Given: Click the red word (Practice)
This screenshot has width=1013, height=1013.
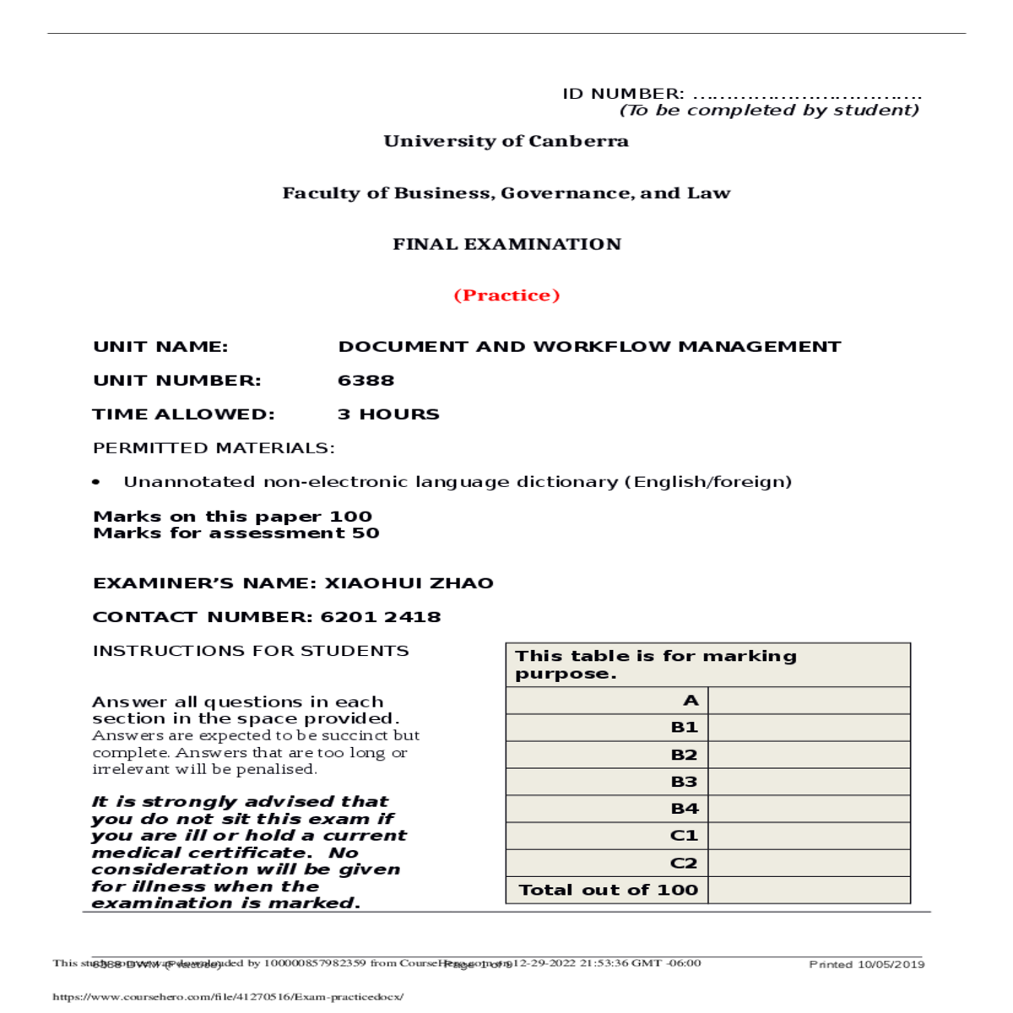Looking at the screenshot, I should pos(506,295).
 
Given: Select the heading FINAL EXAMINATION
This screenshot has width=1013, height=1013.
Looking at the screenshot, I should pos(506,244).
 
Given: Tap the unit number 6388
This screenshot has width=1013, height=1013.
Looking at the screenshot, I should pos(366,381).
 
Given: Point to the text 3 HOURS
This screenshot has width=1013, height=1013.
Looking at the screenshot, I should pos(388,414).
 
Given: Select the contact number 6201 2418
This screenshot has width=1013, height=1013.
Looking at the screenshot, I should pos(381,617).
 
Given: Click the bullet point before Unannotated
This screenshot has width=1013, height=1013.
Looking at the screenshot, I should pos(96,483).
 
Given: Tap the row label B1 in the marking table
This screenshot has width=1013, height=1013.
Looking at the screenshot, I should pos(684,728).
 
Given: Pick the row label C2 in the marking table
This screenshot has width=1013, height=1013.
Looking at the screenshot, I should pos(684,863).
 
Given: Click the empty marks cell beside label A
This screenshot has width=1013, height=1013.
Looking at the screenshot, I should pos(809,701).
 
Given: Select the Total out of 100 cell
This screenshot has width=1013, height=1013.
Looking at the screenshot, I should pos(608,890).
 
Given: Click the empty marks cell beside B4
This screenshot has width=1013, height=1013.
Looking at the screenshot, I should pos(809,809).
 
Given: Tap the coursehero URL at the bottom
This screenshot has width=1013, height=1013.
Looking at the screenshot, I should pos(228,997).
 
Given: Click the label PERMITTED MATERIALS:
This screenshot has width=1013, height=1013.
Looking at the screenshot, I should pos(214,448).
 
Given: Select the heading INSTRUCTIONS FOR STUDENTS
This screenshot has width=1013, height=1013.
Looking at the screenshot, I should pos(251,651).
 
